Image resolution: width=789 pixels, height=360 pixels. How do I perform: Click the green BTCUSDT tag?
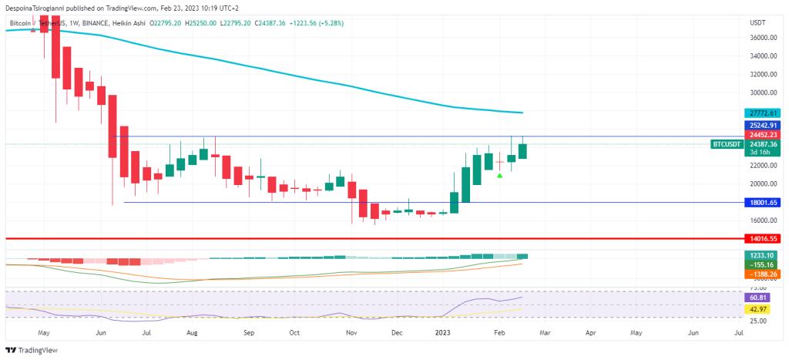pos(727,144)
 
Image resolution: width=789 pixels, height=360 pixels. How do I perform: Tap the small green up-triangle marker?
pos(500,176)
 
